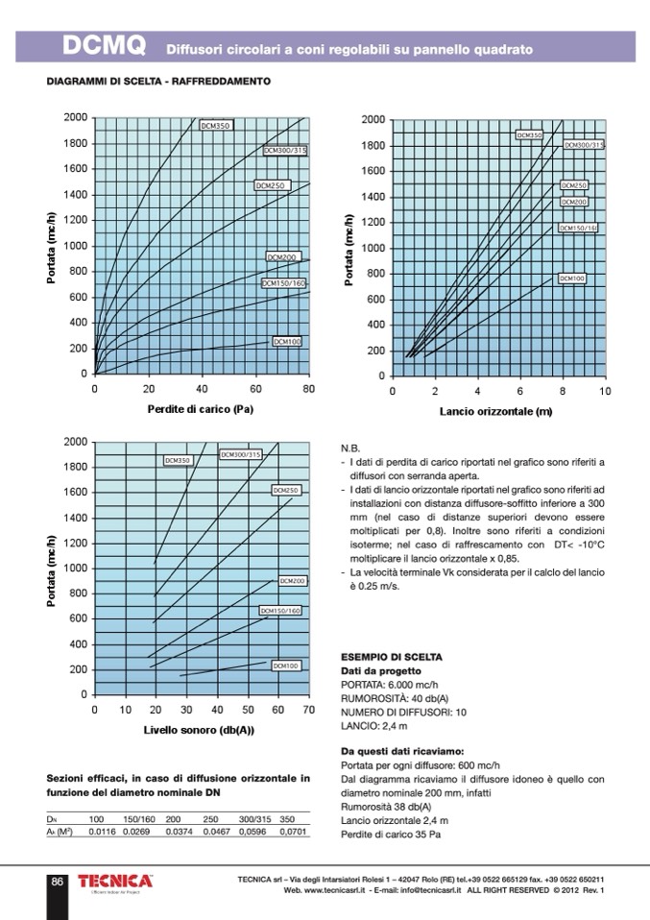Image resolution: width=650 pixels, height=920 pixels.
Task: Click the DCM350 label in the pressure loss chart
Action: [216, 126]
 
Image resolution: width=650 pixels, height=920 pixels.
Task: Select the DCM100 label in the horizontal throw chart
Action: [572, 278]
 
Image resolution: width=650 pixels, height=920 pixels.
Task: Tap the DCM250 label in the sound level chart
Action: [287, 491]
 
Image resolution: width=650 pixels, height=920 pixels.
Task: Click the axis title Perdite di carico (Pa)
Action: [201, 408]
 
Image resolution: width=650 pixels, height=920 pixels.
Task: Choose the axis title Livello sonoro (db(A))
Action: [199, 730]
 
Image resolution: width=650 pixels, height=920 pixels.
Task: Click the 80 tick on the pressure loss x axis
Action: [308, 389]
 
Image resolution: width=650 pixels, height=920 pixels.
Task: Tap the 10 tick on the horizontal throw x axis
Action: [605, 391]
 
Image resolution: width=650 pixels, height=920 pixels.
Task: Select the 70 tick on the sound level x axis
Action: [308, 710]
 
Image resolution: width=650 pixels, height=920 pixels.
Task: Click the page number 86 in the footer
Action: [58, 882]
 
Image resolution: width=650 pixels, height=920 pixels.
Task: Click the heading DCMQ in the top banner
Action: [103, 46]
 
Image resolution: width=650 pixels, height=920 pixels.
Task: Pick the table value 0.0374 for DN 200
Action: [180, 831]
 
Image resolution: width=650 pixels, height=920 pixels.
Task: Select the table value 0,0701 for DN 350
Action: [293, 831]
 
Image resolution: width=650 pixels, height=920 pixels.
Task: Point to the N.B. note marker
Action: [350, 448]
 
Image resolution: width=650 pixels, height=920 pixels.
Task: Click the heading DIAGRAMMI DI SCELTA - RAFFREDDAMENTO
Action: [158, 82]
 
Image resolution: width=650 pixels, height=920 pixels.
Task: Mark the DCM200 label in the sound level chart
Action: [293, 581]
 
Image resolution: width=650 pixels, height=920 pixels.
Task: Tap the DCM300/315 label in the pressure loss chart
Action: [285, 151]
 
